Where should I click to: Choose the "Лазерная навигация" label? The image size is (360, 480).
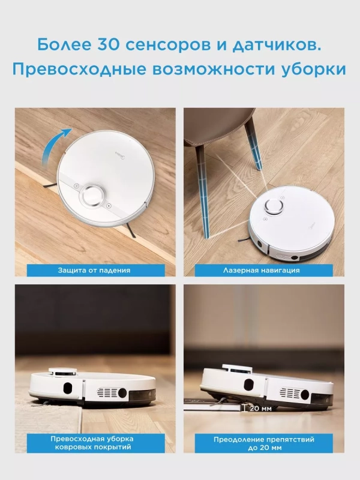pos(264,270)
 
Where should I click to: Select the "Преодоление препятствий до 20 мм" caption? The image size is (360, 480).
pos(264,443)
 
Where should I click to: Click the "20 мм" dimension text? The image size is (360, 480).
pos(258,408)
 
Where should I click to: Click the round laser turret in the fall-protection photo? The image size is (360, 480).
pos(94,194)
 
